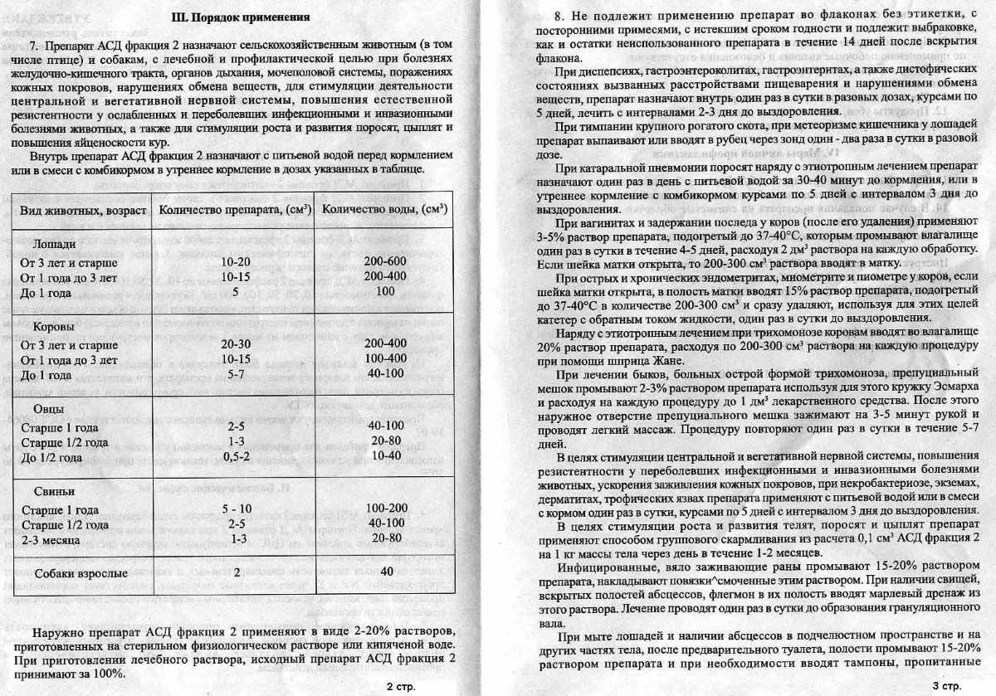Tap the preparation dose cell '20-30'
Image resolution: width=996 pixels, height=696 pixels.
(237, 343)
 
